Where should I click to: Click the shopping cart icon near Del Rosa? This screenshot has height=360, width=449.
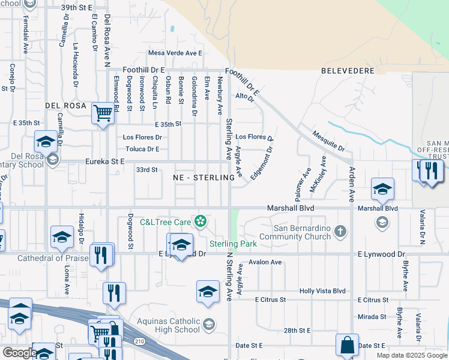103,112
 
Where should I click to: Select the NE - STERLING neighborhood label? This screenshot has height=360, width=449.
203,178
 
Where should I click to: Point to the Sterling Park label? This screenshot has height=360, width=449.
233,244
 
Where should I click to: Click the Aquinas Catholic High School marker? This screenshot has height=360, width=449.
208,325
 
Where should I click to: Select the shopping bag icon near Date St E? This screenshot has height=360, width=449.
347,345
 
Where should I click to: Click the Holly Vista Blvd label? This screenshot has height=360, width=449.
323,291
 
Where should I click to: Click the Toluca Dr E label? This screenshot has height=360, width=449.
142,149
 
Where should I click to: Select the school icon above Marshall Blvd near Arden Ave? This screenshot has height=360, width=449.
382,190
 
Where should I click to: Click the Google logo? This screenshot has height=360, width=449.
20,353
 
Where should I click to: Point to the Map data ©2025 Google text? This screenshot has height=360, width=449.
411,355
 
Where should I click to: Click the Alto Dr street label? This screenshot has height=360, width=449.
246,96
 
